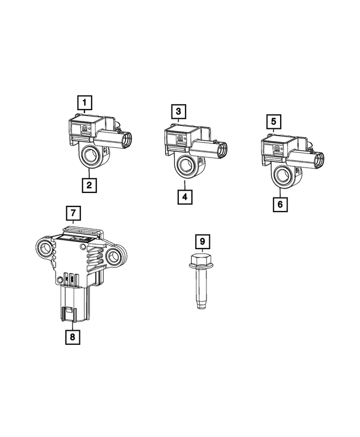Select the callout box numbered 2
88,184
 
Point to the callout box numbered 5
273,120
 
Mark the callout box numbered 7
73,213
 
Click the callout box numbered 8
73,336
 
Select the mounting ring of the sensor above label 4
184,164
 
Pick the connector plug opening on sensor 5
319,159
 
